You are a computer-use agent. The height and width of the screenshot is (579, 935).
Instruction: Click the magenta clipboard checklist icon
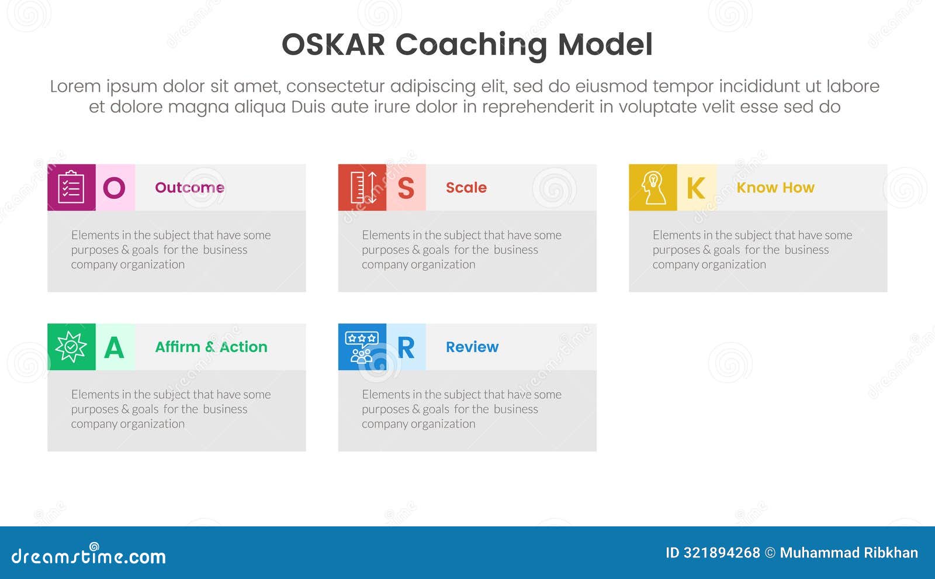71,187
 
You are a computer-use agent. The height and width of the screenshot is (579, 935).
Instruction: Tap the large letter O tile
115,187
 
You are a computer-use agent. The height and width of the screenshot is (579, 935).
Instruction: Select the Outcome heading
189,188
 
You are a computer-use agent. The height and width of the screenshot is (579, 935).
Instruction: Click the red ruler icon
362,187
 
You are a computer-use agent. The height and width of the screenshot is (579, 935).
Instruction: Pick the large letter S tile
406,187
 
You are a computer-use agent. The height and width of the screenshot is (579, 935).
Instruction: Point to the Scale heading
466,188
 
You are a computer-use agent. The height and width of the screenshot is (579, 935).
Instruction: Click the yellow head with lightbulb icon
653,187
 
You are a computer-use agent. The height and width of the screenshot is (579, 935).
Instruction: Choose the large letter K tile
697,187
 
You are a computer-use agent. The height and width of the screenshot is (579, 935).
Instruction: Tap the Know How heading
775,188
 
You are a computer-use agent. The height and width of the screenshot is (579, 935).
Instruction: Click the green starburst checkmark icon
71,347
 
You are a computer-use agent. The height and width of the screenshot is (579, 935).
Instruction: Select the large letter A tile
115,347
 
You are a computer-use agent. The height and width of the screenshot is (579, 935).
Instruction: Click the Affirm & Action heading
211,347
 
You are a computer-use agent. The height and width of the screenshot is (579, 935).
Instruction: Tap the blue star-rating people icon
362,347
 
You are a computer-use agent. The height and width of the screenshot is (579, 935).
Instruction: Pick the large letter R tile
406,347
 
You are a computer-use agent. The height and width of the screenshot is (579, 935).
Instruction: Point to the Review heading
472,347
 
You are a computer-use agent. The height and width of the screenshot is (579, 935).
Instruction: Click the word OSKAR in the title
333,44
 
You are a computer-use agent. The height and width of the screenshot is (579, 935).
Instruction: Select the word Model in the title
605,44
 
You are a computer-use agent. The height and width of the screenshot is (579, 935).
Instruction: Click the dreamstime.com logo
88,554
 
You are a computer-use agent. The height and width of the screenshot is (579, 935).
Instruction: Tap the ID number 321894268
722,553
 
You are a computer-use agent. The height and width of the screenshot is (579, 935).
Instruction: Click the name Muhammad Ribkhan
849,553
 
